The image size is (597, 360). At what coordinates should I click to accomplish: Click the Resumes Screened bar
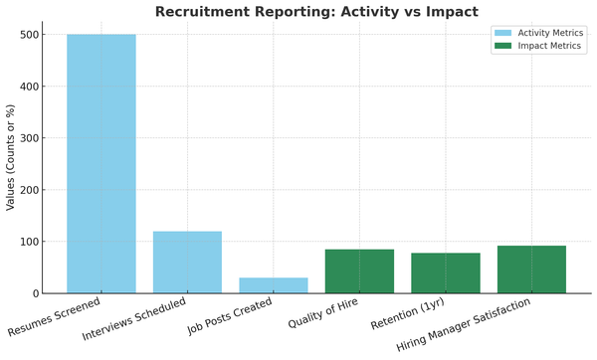click(x=101, y=164)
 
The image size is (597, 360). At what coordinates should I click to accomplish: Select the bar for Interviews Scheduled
click(x=187, y=263)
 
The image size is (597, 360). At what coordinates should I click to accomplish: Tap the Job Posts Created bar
click(x=274, y=285)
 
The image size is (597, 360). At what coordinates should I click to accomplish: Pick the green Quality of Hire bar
click(x=359, y=271)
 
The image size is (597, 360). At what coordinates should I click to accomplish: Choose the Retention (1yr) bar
click(x=446, y=273)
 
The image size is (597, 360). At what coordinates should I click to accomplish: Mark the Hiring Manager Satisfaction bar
click(x=531, y=270)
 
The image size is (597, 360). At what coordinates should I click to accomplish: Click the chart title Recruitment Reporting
click(x=316, y=12)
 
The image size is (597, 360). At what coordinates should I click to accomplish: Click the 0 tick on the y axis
click(x=36, y=293)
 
